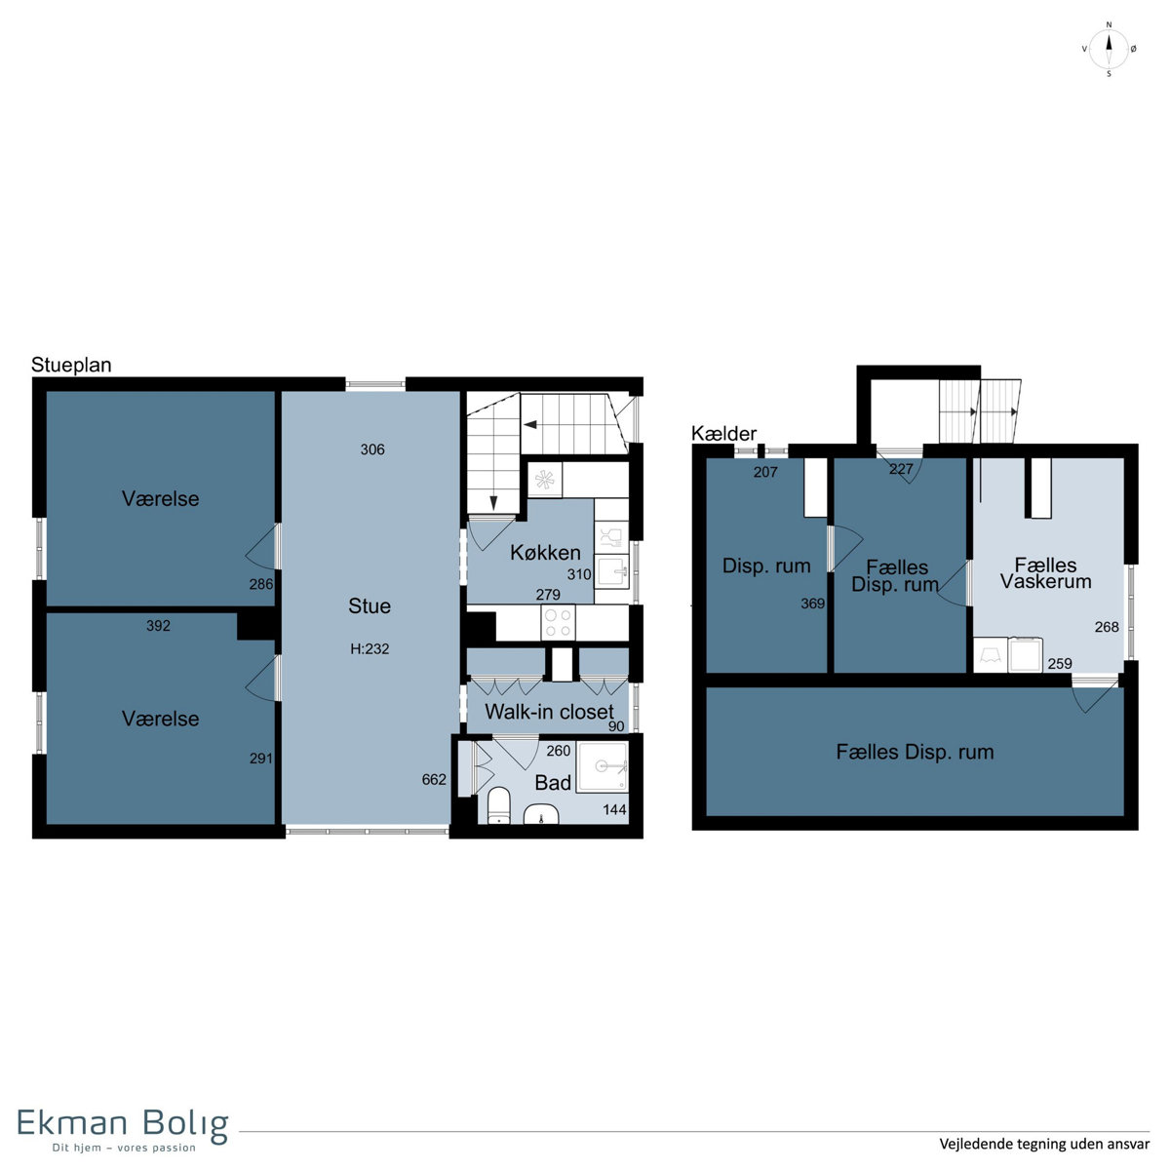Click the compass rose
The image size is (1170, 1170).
coord(1109,49)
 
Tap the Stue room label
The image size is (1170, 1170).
coord(370,605)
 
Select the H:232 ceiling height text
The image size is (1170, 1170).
coord(370,649)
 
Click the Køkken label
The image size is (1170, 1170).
coord(545,553)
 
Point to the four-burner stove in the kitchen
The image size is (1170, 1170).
coord(558,622)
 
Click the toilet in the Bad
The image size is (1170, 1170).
coord(499,805)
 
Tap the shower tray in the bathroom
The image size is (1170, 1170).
coord(602,767)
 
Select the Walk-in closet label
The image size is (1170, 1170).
coord(549,712)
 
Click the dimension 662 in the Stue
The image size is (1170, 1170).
coord(434,780)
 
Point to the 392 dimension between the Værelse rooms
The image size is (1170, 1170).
coord(158,626)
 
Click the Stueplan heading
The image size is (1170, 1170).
coord(71,365)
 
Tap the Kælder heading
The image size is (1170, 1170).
coord(723,434)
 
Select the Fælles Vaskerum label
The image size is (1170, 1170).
coord(1045,573)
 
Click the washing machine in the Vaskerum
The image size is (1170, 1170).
coord(1026,654)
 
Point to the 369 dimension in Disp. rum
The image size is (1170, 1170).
coord(812,604)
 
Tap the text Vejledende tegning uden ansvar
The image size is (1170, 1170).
coord(1044,1144)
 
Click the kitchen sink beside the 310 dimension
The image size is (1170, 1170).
coord(611,571)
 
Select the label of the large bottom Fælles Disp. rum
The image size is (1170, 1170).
coord(915,753)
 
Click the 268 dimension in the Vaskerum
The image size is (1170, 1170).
coord(1107,627)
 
